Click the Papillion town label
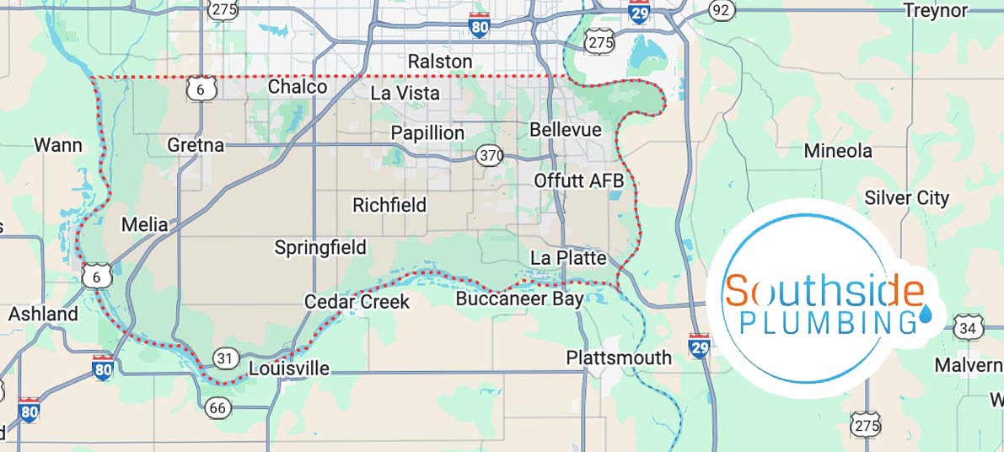coord(427,133)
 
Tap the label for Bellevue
coord(566,130)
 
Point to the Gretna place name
coord(196,145)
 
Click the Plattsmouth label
coord(619,357)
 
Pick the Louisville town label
coord(289,369)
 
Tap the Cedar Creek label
coord(357,302)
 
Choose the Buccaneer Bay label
coord(519,299)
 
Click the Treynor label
coord(936,10)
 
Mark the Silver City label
coord(907,198)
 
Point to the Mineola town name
coord(838,151)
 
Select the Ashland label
coord(43,314)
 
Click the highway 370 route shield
coord(490,155)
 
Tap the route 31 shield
coord(224,358)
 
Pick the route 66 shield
coord(217,408)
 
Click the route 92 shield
coord(721,9)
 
